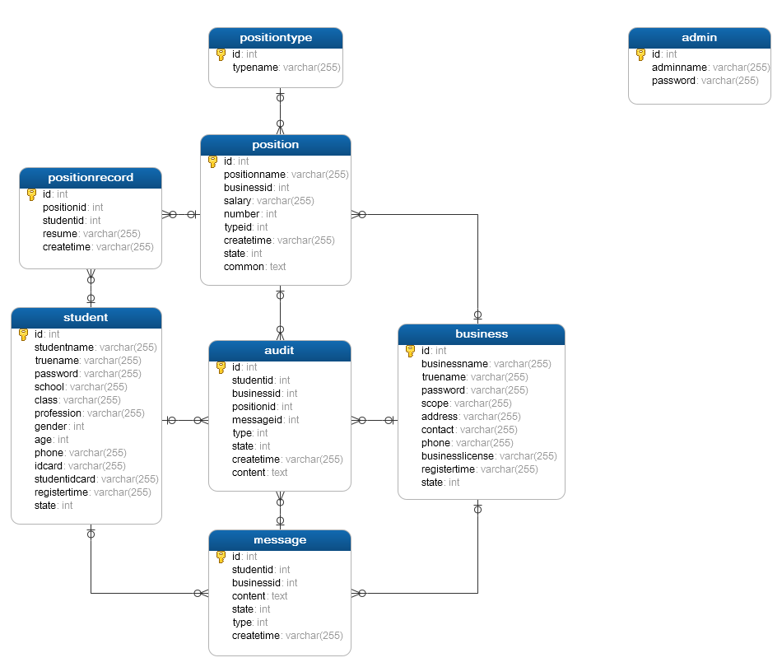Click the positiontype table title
coord(276,38)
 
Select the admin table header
coord(699,38)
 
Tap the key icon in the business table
coord(410,351)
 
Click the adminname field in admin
coord(680,68)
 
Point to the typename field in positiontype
coord(255,68)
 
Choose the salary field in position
coord(238,201)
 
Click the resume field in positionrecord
coord(60,234)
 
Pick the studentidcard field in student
coord(66,479)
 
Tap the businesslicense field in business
coord(458,456)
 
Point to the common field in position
coord(244,267)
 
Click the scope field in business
coord(435,403)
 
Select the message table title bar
coord(280,540)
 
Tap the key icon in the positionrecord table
coord(31,194)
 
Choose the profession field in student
coord(58,413)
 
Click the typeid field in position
coord(238,227)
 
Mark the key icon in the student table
coord(23,334)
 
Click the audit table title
coord(280,351)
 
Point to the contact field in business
coord(439,430)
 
